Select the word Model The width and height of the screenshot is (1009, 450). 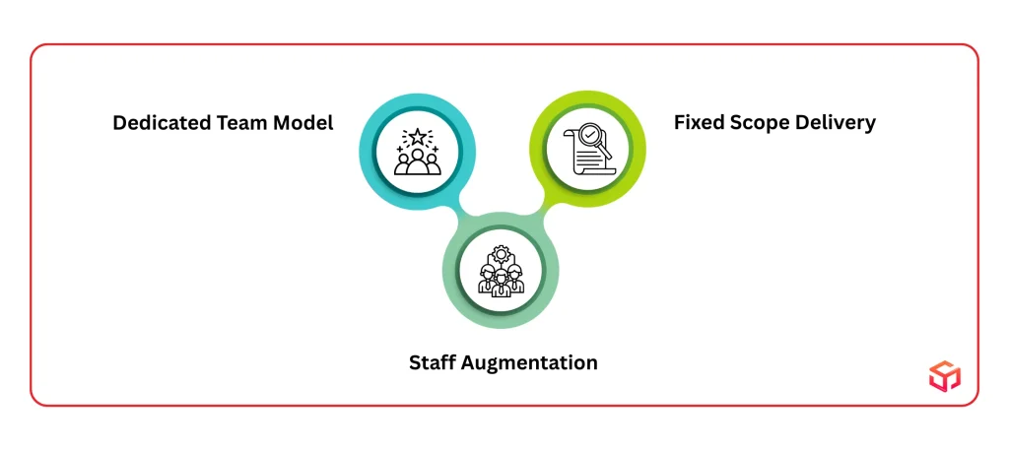(304, 123)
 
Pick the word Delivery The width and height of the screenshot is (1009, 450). (838, 123)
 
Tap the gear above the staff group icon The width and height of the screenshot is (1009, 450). (502, 255)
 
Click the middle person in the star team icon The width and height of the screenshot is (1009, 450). (417, 161)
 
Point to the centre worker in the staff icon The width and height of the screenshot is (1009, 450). (502, 283)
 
